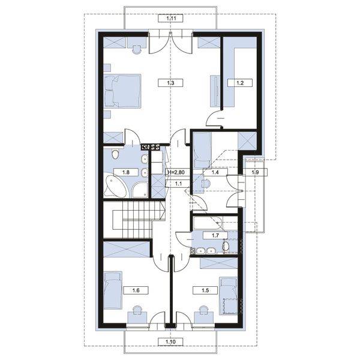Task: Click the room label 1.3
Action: [x=170, y=83]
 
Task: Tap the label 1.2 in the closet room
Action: [x=240, y=83]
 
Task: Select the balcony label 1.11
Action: [x=170, y=19]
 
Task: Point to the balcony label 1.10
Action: [x=170, y=342]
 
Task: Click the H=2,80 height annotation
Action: [x=176, y=172]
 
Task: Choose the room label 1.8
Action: [x=126, y=172]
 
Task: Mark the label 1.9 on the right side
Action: [x=255, y=172]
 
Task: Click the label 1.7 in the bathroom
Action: [x=215, y=235]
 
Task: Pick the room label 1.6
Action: [x=136, y=290]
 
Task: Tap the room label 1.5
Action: [x=205, y=290]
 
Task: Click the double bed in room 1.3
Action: [x=122, y=91]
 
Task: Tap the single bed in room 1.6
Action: [x=113, y=290]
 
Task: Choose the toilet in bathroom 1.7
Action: [x=226, y=247]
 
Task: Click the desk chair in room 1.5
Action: [x=203, y=309]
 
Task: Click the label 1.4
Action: [x=215, y=172]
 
